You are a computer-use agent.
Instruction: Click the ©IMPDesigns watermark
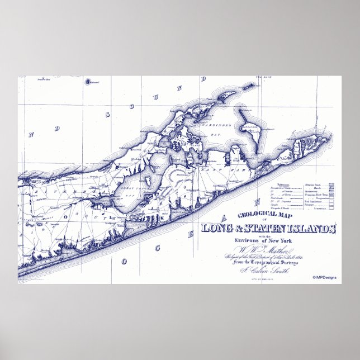click(326, 278)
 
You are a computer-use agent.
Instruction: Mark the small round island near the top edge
click(88, 82)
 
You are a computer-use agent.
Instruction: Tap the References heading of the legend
click(283, 183)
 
